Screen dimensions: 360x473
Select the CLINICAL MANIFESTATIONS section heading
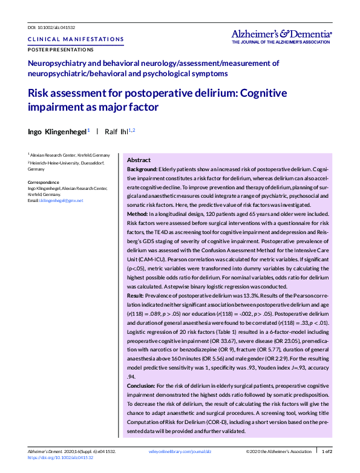(x=76, y=39)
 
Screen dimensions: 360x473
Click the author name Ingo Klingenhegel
(x=56, y=131)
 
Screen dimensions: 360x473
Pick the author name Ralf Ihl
(x=117, y=131)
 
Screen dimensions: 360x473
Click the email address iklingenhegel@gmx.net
(x=61, y=200)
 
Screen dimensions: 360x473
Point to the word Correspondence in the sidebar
(x=44, y=182)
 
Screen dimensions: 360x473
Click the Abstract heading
(x=139, y=160)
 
